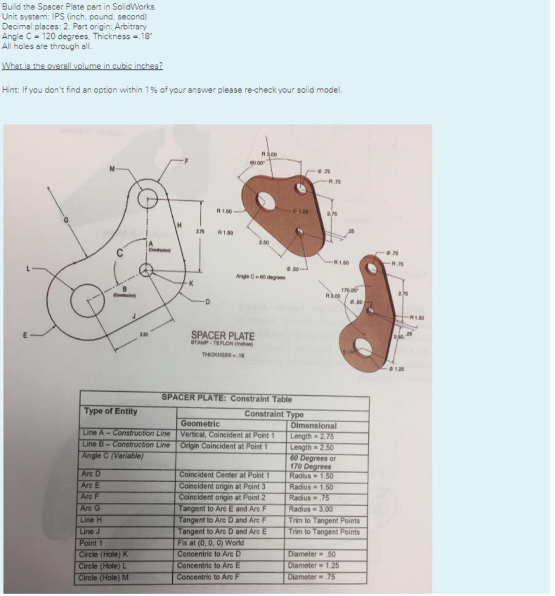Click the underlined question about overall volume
[83, 65]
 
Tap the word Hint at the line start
[10, 90]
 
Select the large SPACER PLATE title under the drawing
[223, 336]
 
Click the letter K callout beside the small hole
[191, 282]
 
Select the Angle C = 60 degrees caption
[259, 275]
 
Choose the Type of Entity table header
[111, 411]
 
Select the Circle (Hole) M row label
[104, 577]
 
